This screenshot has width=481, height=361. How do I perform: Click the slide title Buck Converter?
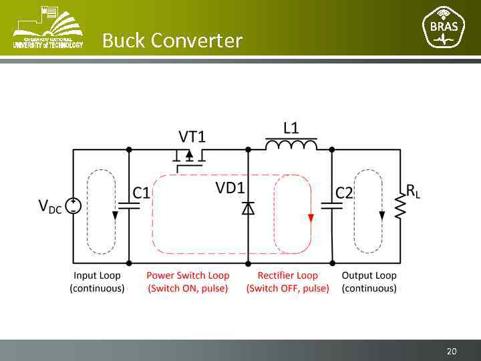click(172, 41)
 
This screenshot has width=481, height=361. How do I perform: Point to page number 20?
click(452, 351)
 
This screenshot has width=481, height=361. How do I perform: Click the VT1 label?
click(192, 137)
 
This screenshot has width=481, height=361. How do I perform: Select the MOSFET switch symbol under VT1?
click(189, 156)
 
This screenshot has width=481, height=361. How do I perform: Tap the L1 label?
click(291, 127)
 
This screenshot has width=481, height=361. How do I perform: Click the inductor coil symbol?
click(291, 144)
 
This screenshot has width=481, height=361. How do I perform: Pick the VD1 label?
click(230, 189)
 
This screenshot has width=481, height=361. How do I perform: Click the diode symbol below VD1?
click(248, 209)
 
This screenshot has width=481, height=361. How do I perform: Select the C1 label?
click(141, 194)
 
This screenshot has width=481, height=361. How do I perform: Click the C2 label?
click(344, 194)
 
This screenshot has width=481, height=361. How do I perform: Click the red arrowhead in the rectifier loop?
click(310, 217)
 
